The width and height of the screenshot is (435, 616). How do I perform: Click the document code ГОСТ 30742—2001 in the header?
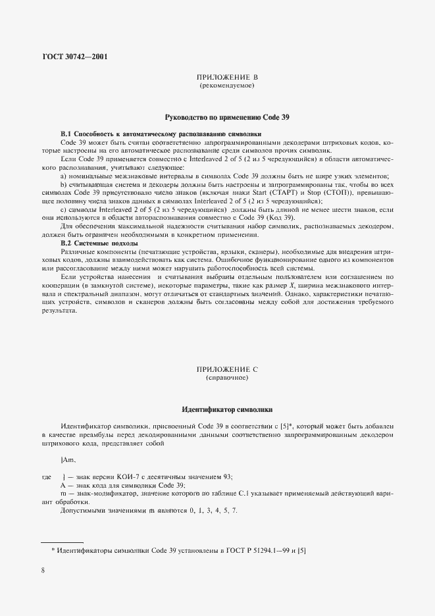(x=74, y=56)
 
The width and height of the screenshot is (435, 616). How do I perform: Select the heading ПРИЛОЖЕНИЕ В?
(x=226, y=78)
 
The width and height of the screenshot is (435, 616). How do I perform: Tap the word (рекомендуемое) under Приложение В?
(x=226, y=86)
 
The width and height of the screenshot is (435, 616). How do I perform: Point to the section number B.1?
(x=67, y=134)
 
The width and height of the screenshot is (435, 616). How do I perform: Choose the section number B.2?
(x=67, y=243)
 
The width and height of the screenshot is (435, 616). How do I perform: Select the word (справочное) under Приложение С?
(x=226, y=380)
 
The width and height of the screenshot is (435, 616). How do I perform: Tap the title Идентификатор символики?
(x=227, y=410)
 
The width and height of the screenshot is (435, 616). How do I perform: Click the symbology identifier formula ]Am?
(x=68, y=459)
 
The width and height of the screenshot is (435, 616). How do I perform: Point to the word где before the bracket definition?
(x=47, y=476)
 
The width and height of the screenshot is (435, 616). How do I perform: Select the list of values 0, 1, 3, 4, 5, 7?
(x=213, y=511)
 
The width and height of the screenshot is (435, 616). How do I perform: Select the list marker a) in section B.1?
(x=63, y=176)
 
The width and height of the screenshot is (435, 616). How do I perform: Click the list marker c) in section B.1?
(x=63, y=210)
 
